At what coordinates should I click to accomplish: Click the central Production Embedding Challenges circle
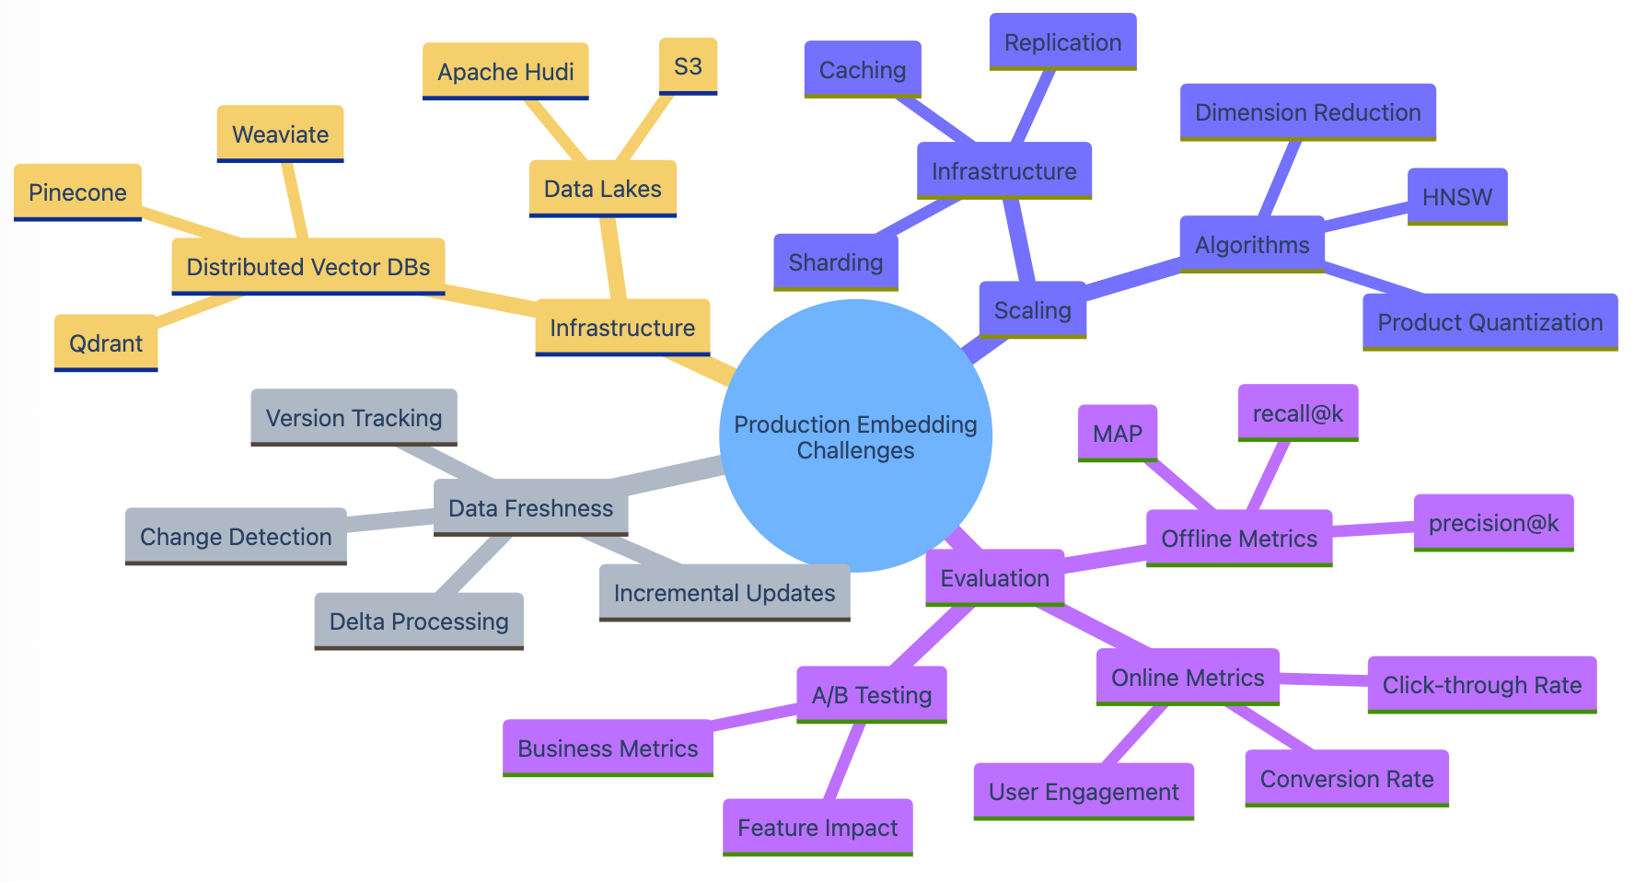(855, 436)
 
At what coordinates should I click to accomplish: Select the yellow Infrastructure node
(622, 328)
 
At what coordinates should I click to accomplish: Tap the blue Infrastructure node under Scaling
(1003, 171)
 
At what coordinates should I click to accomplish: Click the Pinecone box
(77, 192)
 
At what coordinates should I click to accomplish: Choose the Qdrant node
(106, 343)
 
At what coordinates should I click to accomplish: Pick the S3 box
(688, 66)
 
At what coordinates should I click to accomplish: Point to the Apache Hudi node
(505, 72)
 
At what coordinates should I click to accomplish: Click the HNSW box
(1457, 197)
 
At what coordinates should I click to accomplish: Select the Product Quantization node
(1490, 322)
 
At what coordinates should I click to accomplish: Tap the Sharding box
(835, 262)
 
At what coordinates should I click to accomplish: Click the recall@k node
(1298, 413)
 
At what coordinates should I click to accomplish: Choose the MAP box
(1117, 434)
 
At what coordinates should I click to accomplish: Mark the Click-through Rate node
(1481, 685)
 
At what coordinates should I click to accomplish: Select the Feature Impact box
(817, 828)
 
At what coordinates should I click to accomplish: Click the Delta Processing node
(419, 621)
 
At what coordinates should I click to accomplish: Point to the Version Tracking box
(354, 418)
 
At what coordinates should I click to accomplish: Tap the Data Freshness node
(530, 508)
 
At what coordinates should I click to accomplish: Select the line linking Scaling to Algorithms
(1132, 281)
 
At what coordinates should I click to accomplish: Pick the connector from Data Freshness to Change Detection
(390, 522)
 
